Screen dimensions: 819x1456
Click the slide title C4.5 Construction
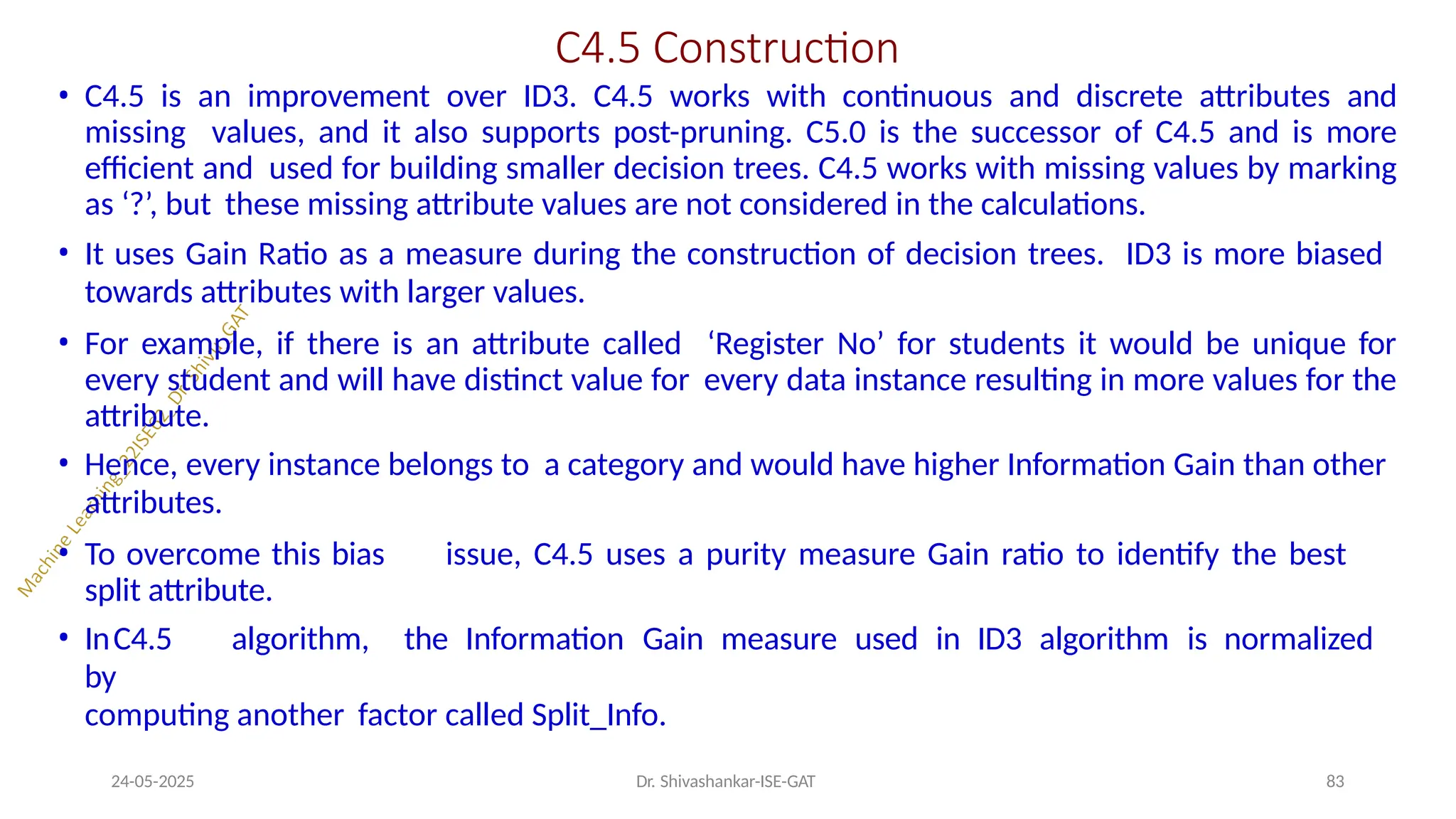pos(727,48)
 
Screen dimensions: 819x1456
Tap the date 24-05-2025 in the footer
pos(153,781)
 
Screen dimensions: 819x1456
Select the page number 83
pos(1335,781)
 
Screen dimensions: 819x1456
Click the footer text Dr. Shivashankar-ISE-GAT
pos(725,781)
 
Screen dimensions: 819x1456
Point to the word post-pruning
pos(702,133)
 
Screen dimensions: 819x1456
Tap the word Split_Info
pos(599,715)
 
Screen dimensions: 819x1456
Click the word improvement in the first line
pos(338,97)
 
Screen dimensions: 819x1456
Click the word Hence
pos(131,465)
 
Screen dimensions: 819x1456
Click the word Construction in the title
pos(776,48)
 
